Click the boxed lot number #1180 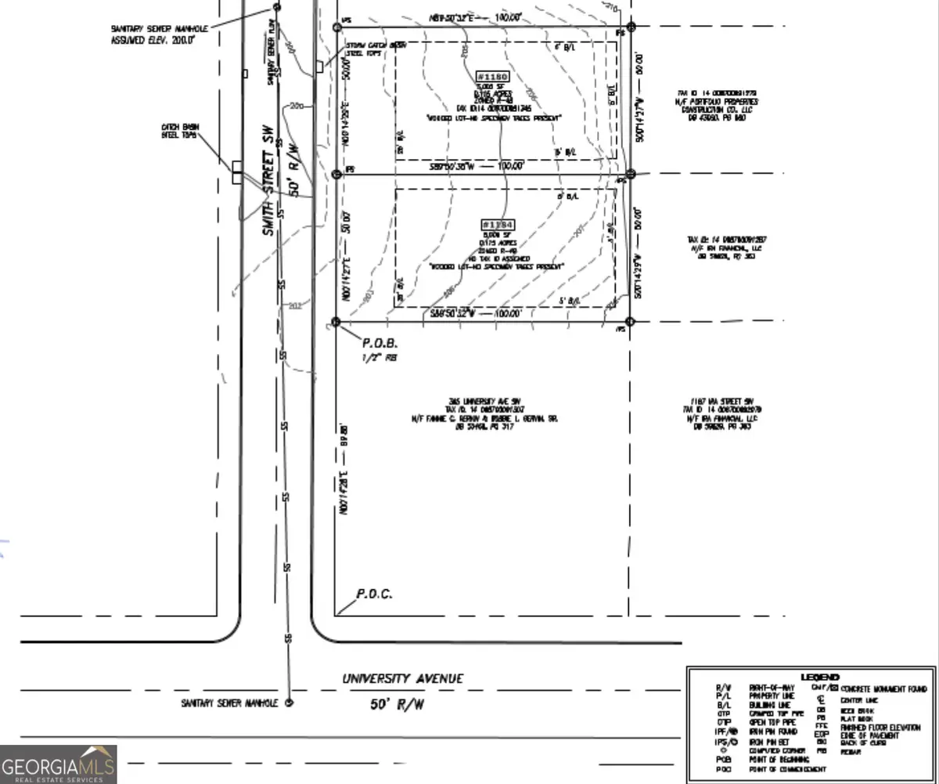pyautogui.click(x=493, y=77)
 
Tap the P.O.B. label pyautogui.click(x=380, y=343)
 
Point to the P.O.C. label pyautogui.click(x=374, y=594)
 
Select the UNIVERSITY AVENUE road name pyautogui.click(x=402, y=679)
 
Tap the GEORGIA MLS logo pyautogui.click(x=58, y=764)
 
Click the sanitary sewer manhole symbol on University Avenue pyautogui.click(x=289, y=703)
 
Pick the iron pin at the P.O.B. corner pyautogui.click(x=336, y=322)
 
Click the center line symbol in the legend pyautogui.click(x=820, y=699)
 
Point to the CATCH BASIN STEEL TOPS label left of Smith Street pyautogui.click(x=177, y=131)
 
